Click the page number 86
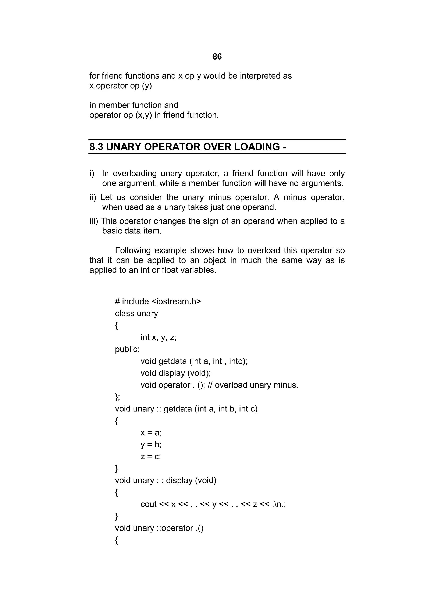217,57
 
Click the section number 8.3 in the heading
96,147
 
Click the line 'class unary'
136,313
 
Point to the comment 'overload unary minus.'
256,385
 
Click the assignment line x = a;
151,433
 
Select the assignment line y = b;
151,445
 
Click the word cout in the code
148,504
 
